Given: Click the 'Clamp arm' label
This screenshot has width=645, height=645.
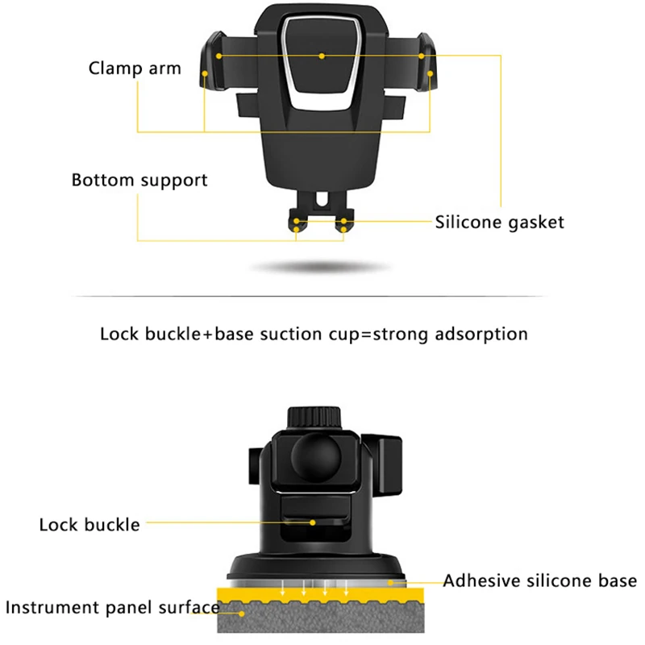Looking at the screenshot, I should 135,67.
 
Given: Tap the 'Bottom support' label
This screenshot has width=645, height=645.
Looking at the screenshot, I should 139,179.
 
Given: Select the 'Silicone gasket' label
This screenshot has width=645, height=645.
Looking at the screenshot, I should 500,222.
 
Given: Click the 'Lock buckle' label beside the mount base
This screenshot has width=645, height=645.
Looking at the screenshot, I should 89,525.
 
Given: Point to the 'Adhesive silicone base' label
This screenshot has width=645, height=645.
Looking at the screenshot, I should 539,580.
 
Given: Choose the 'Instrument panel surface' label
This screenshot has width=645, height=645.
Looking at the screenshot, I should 112,607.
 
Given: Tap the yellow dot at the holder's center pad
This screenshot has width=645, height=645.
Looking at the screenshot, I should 322,56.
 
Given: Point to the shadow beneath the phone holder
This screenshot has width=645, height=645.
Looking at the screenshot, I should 322,267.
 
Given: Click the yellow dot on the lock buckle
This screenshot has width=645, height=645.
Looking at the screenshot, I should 312,522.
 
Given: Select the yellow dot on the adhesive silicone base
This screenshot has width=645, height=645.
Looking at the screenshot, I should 390,580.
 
